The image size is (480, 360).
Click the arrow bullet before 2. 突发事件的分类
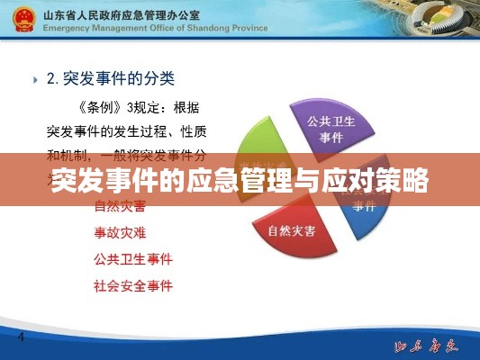coord(35,79)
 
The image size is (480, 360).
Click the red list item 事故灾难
coord(120,232)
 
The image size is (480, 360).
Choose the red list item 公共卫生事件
coord(132,259)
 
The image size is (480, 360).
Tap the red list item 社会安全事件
coord(132,286)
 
